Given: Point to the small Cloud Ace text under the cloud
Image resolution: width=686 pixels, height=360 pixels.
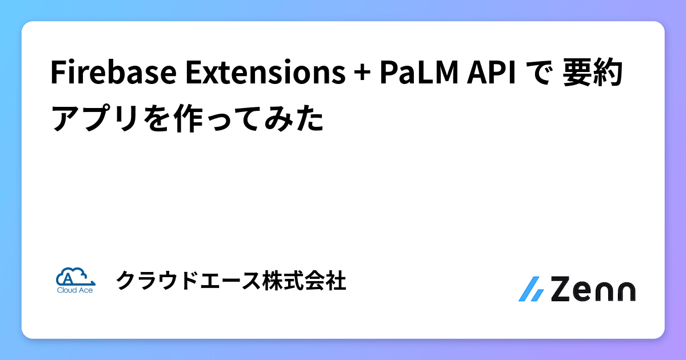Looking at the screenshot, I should [x=75, y=290].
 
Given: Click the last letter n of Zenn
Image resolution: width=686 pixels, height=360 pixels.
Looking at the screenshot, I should [x=623, y=291].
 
